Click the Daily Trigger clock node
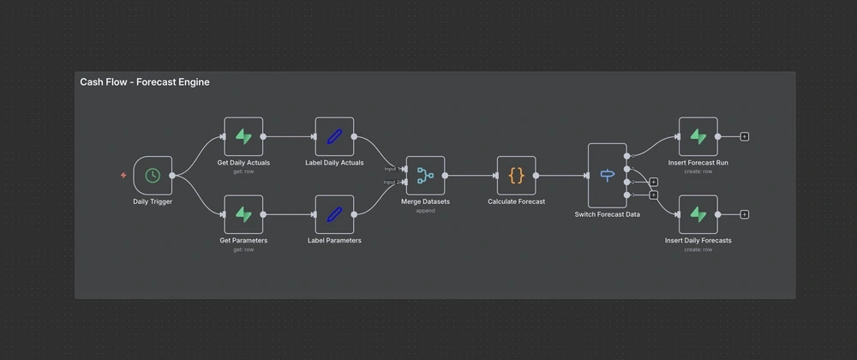click(x=153, y=176)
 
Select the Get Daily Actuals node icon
click(x=243, y=136)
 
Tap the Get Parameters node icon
click(x=243, y=214)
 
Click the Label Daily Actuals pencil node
click(x=334, y=136)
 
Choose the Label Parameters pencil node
click(x=334, y=214)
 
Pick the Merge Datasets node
click(x=425, y=176)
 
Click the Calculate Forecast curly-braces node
click(x=516, y=176)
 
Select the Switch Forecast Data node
click(x=607, y=176)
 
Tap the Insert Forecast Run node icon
click(x=698, y=136)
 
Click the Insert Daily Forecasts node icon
click(x=698, y=214)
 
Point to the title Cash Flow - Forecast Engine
click(x=145, y=82)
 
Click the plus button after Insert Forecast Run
click(x=744, y=136)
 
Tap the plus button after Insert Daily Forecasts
click(x=744, y=214)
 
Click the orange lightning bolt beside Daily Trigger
click(x=123, y=176)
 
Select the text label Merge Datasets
click(x=425, y=201)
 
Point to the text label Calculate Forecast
click(x=516, y=201)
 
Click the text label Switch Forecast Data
click(x=607, y=214)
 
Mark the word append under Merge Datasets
click(x=425, y=211)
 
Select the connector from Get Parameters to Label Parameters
click(x=289, y=214)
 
